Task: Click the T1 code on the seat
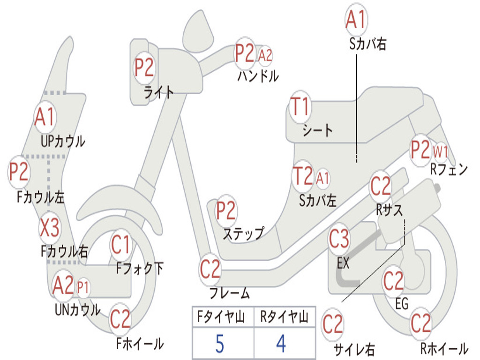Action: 300,107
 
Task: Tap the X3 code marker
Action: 50,228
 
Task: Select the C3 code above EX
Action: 339,239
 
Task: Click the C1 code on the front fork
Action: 120,245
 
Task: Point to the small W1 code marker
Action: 440,152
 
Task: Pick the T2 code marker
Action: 303,176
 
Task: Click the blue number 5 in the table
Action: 220,344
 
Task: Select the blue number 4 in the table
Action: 281,344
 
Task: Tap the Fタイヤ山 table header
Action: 221,316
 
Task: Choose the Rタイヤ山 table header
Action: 284,316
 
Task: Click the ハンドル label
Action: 258,75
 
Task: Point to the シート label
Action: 317,130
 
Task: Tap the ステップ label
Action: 243,233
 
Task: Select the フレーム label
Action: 230,292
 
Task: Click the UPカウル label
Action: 63,141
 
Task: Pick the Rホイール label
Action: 444,348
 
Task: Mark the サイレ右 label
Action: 354,349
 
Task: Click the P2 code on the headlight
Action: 144,67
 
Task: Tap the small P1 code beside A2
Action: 82,288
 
